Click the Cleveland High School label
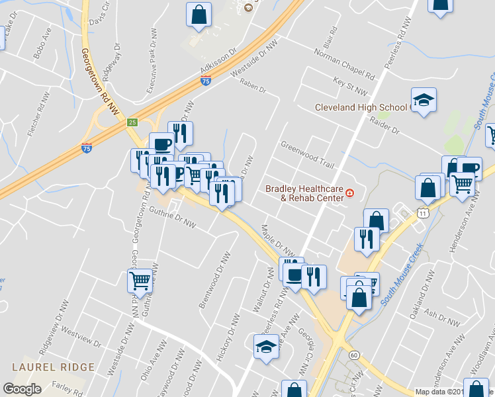pyautogui.click(x=361, y=107)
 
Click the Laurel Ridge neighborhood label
pyautogui.click(x=44, y=366)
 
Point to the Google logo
pyautogui.click(x=22, y=390)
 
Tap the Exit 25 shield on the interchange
pyautogui.click(x=132, y=123)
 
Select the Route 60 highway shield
pyautogui.click(x=355, y=355)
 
